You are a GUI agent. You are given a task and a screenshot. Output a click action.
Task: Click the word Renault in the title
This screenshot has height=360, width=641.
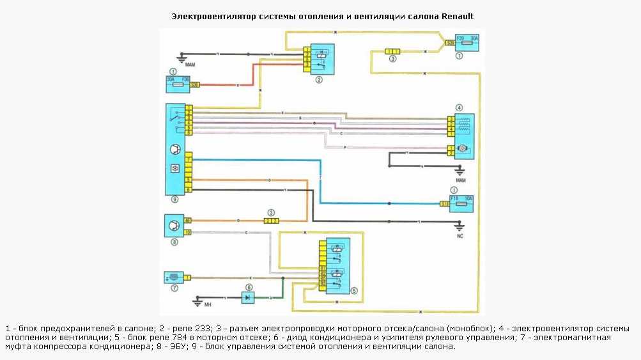[458, 15]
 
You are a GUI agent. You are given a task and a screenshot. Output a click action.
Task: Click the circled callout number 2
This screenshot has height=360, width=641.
[319, 80]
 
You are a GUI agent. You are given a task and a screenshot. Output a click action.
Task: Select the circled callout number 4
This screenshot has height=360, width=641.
[458, 107]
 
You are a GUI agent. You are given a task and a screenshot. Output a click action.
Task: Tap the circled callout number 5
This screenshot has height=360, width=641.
[353, 291]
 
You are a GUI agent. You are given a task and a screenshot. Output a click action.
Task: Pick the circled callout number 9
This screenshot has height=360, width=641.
[174, 200]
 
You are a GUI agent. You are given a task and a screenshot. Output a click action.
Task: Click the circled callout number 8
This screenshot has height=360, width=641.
[174, 242]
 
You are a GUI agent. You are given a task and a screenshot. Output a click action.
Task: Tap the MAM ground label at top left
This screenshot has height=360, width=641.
[190, 65]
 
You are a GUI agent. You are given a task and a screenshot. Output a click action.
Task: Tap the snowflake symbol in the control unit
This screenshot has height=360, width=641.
[174, 169]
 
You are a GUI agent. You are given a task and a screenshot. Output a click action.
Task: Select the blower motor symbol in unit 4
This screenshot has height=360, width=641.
[464, 149]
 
